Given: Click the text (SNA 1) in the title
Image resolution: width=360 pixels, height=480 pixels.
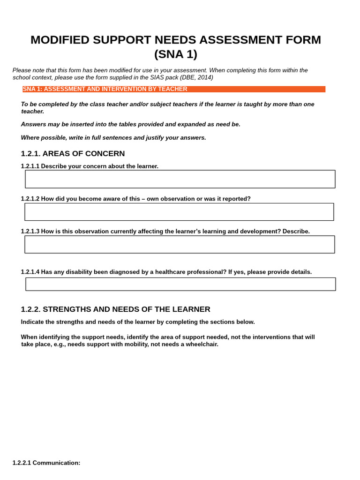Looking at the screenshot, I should click(x=176, y=54).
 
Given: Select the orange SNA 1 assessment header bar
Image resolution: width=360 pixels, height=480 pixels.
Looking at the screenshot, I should click(x=173, y=89).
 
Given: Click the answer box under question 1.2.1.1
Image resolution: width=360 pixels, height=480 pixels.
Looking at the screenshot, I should click(x=180, y=179).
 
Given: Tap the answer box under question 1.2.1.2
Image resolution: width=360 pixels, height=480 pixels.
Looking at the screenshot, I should click(x=179, y=212).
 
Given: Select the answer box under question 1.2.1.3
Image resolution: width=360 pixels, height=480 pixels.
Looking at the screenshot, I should click(x=180, y=244).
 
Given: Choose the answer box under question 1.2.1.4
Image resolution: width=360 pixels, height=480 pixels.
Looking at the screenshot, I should click(x=180, y=284).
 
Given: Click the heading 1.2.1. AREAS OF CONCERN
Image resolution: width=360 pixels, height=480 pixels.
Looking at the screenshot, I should click(x=73, y=154).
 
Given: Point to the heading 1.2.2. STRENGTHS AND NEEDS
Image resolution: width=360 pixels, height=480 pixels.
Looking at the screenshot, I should click(x=116, y=309).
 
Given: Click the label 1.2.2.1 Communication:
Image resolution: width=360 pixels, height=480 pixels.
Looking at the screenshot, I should click(x=46, y=463).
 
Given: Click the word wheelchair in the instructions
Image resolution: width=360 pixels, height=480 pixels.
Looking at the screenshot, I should click(x=202, y=344).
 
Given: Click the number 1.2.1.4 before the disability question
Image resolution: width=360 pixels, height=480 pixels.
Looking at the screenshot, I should click(x=30, y=272).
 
